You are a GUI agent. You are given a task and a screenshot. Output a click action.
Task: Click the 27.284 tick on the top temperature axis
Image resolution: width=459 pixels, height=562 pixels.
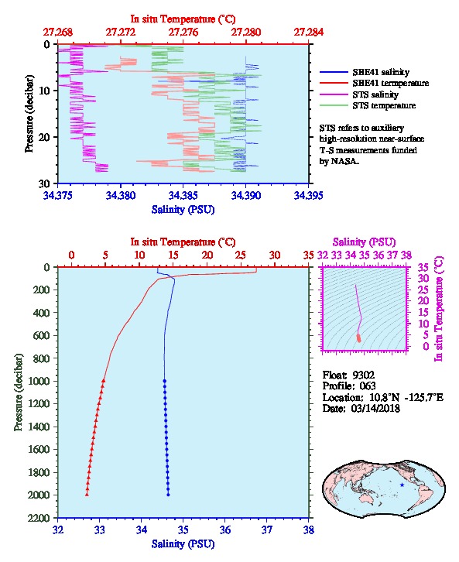click(x=309, y=33)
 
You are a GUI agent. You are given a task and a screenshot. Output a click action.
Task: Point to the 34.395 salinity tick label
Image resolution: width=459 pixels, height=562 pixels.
click(x=308, y=195)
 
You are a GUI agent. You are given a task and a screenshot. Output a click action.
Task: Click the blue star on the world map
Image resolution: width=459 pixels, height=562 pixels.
click(x=402, y=485)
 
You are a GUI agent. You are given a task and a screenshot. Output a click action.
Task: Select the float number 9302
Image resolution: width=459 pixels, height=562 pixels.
click(x=363, y=375)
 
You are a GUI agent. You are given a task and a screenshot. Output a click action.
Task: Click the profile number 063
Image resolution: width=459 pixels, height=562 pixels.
click(x=367, y=386)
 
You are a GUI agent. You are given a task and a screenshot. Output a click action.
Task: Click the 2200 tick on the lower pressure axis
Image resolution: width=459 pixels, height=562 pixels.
click(x=39, y=518)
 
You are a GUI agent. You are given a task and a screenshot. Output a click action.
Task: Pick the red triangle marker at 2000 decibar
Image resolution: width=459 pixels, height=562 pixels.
click(x=87, y=495)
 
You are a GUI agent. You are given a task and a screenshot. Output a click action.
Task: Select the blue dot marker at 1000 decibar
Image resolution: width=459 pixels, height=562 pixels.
click(x=164, y=381)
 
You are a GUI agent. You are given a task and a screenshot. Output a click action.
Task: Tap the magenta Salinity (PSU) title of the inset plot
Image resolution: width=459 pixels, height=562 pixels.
click(x=364, y=242)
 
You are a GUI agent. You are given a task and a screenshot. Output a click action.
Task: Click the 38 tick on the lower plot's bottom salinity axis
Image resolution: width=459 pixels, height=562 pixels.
click(x=309, y=529)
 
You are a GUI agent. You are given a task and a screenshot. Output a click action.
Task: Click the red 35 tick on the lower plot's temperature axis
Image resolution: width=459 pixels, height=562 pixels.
click(x=308, y=255)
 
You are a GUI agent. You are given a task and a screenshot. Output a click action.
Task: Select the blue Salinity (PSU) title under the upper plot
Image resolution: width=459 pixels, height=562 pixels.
click(x=183, y=210)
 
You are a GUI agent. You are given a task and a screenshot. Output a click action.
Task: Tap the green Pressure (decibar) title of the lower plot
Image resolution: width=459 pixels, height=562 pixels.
click(x=19, y=392)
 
